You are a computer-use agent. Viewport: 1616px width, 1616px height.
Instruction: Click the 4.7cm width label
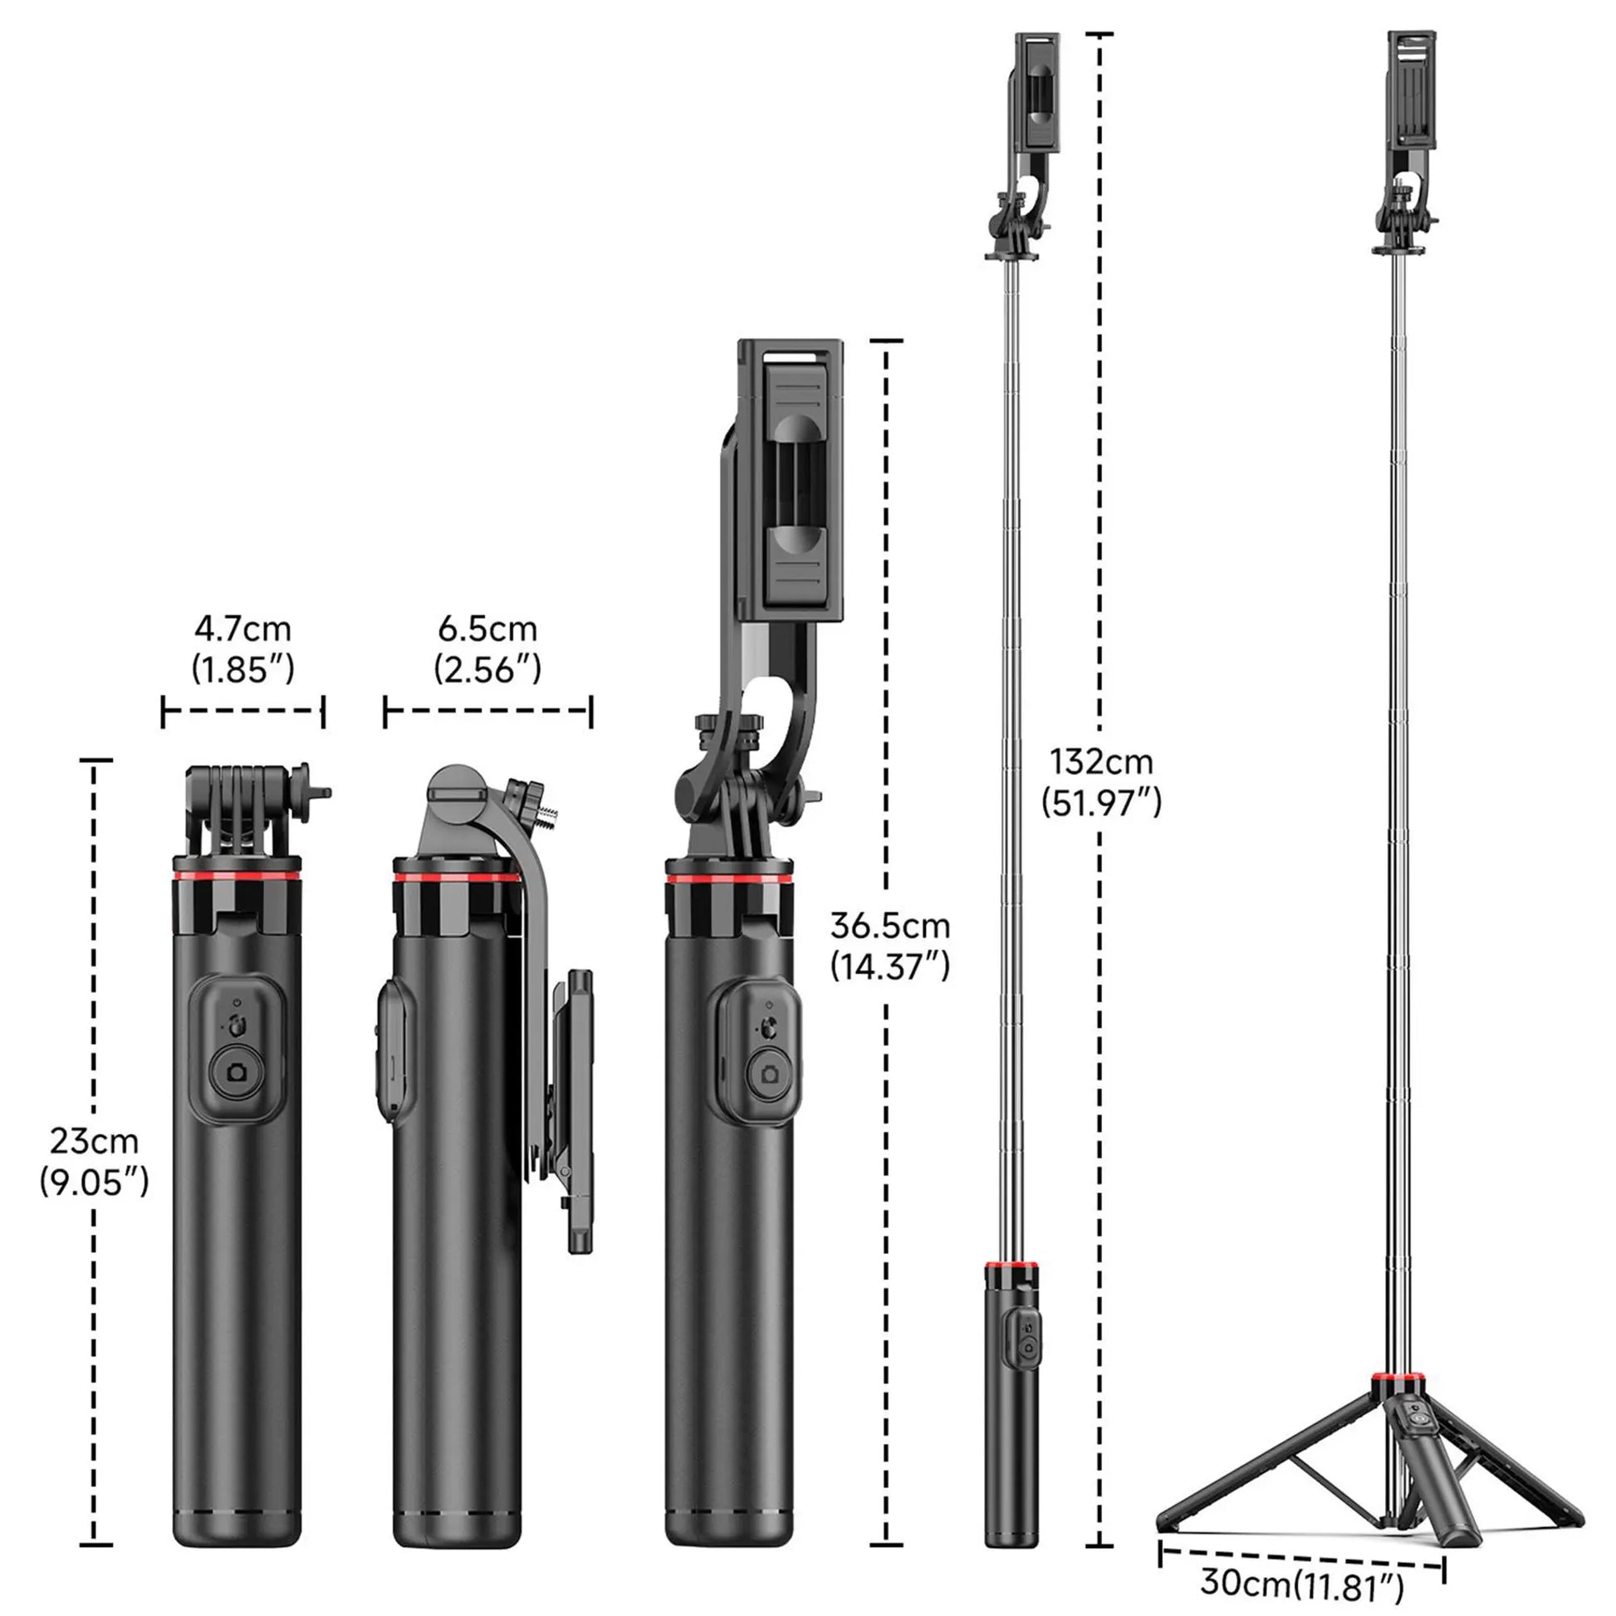tap(242, 628)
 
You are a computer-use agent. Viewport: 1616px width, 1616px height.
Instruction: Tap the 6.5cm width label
tap(487, 628)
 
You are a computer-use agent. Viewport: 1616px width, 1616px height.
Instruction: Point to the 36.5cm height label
tap(890, 925)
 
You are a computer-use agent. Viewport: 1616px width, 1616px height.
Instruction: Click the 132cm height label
tap(1101, 762)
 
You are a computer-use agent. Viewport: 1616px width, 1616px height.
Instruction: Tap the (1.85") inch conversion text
tap(242, 669)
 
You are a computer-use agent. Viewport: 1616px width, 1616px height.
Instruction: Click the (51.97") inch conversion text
tap(1101, 803)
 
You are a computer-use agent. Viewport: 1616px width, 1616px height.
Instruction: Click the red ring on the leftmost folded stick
tap(238, 876)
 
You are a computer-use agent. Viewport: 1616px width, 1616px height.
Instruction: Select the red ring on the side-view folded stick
tap(456, 878)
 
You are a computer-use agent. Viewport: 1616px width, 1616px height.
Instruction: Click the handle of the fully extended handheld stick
tap(1012, 1405)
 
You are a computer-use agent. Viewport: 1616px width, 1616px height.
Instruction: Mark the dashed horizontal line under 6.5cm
tap(487, 711)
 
